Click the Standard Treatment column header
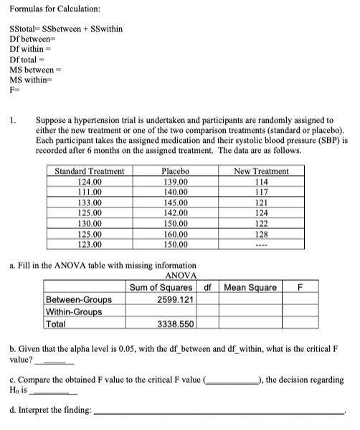pos(90,172)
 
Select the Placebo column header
pos(176,172)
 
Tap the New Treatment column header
pos(262,172)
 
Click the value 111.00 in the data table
pos(90,192)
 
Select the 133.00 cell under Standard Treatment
pos(90,202)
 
